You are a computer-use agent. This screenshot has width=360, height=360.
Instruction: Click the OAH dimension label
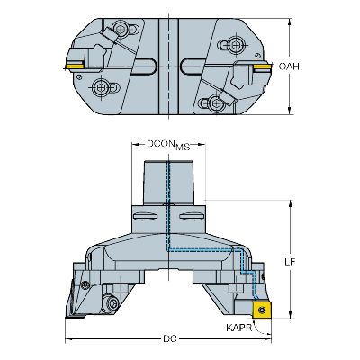pos(289,66)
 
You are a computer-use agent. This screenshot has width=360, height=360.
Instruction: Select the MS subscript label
pos(183,146)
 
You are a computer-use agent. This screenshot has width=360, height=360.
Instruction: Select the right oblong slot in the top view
pos(191,65)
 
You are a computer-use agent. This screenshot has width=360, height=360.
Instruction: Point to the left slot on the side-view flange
pos(150,217)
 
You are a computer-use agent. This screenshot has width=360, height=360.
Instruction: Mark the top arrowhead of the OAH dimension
pos(290,20)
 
